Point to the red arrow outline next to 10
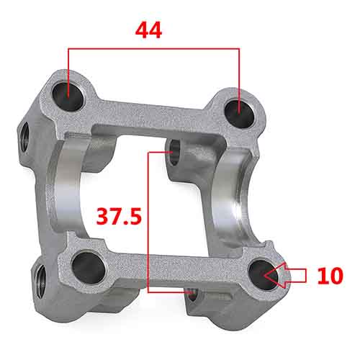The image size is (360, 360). (x=292, y=274)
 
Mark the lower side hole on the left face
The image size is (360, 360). (x=40, y=274)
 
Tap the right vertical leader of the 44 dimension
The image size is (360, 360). (x=238, y=76)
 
